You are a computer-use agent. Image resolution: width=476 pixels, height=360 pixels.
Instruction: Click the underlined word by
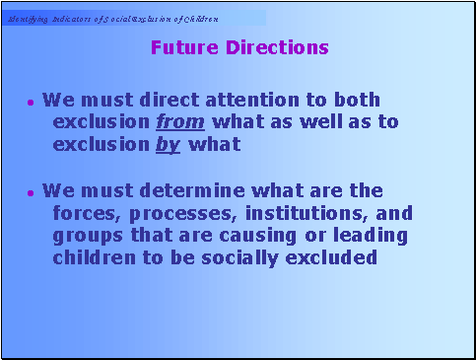point(168,145)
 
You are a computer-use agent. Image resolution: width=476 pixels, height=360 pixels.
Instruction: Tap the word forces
point(84,213)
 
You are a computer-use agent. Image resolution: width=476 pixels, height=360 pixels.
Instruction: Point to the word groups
point(85,236)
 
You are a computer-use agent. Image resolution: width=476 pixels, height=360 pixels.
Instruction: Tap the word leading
point(372,236)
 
